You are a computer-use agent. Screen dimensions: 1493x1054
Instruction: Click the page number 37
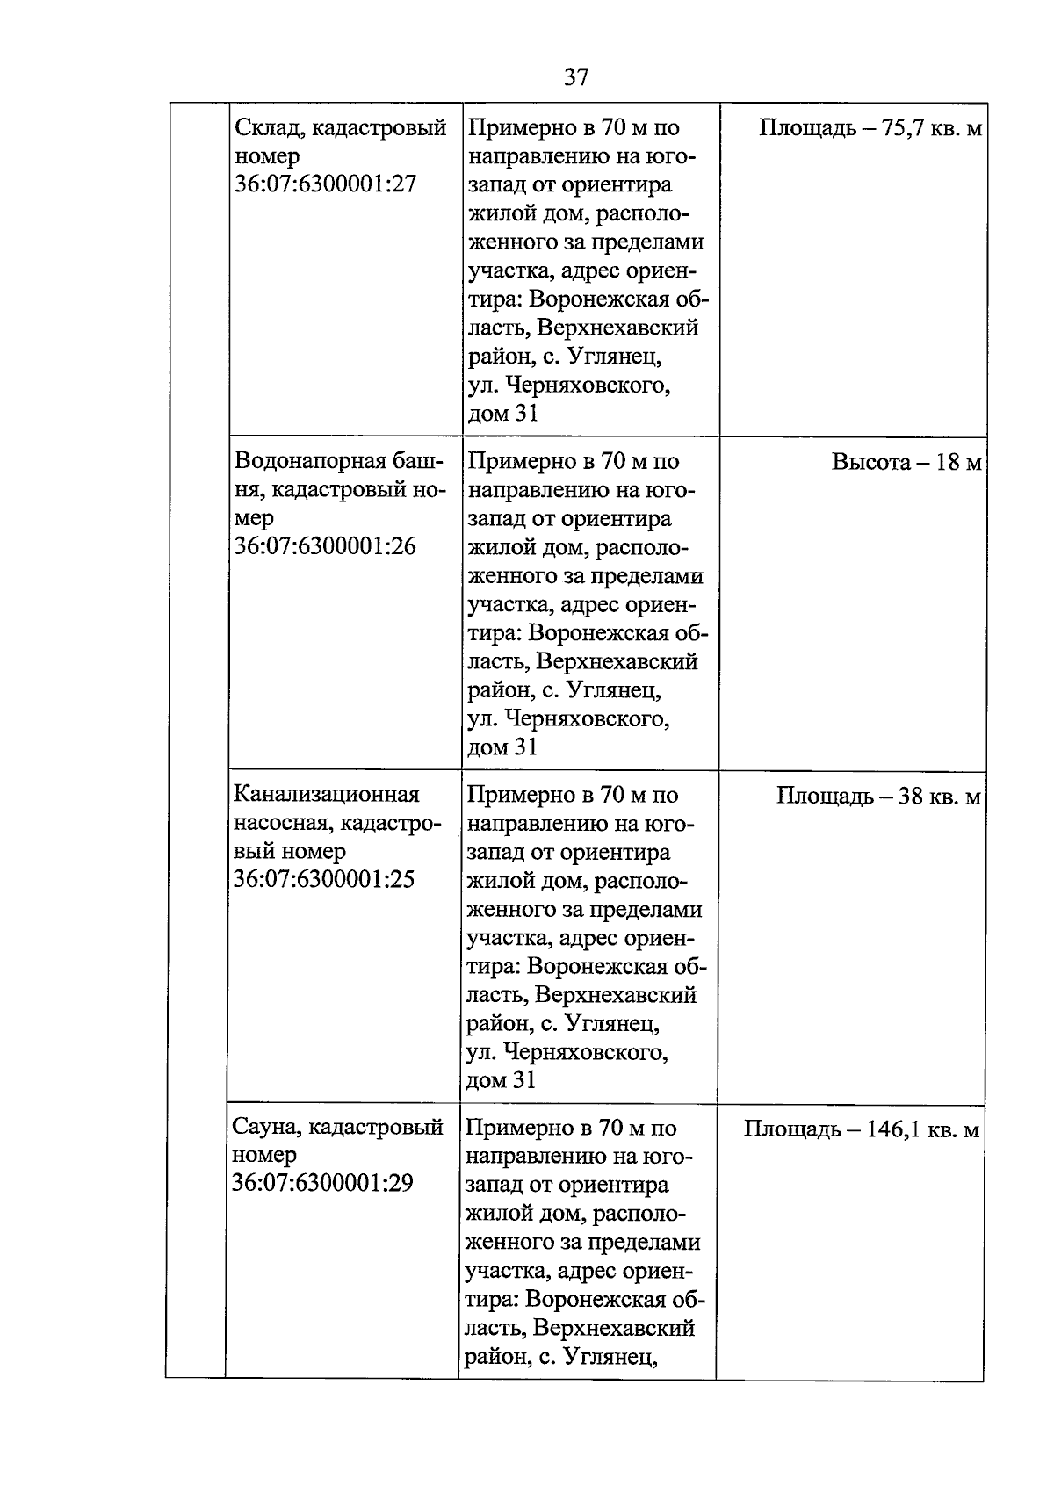(x=576, y=78)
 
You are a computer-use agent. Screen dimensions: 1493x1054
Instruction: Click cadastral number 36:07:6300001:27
(x=325, y=185)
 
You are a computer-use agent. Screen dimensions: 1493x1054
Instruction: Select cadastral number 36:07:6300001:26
(x=325, y=547)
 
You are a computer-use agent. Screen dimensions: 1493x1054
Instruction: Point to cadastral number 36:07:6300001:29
(x=322, y=1184)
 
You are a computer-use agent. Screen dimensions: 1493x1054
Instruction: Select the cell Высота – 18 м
(x=906, y=463)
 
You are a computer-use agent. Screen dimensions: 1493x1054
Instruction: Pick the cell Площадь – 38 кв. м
(x=878, y=797)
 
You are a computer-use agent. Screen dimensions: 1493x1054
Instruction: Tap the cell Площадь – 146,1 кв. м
(x=861, y=1129)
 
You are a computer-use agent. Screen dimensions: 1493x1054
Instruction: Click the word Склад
(x=269, y=128)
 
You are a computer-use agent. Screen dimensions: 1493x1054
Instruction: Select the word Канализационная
(x=326, y=795)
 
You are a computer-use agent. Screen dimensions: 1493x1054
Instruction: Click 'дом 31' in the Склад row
(x=502, y=414)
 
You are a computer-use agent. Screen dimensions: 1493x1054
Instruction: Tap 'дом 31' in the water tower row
(x=502, y=747)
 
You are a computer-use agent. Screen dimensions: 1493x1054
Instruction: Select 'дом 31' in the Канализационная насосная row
(x=501, y=1080)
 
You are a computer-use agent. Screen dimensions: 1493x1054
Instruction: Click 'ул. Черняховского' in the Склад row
(x=568, y=386)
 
